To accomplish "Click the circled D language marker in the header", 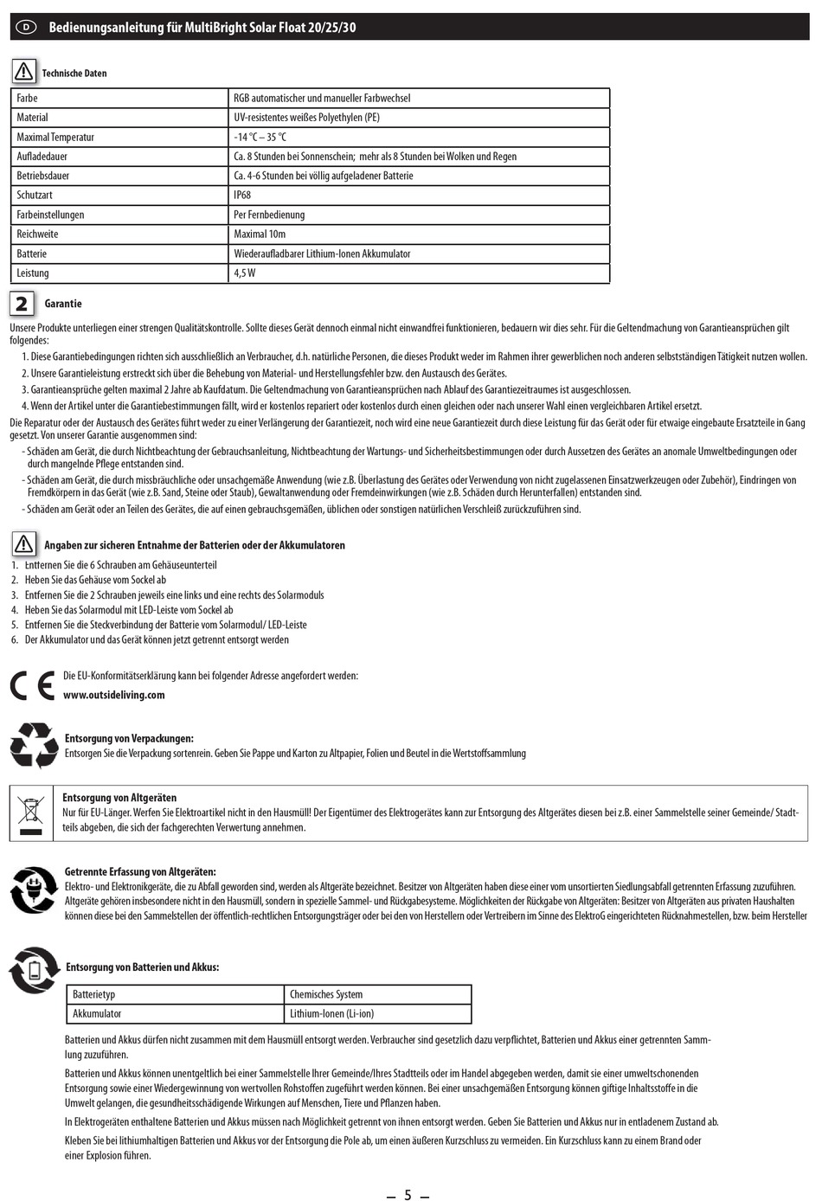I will tap(26, 27).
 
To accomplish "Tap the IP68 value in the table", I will tap(241, 196).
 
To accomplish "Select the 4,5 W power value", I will tap(245, 273).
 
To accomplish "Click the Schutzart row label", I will tap(35, 196).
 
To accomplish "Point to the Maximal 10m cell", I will tap(260, 234).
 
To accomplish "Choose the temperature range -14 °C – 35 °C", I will tap(260, 138).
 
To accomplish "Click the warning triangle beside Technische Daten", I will tap(23, 71).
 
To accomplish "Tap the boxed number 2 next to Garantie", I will tap(22, 304).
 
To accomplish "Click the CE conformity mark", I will tap(32, 685).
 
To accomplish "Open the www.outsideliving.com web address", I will tap(113, 695).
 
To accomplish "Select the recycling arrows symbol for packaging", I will tap(34, 745).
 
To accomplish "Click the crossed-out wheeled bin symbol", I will tap(31, 812).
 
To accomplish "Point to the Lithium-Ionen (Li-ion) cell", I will tap(331, 1014).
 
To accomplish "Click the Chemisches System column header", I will tap(326, 995).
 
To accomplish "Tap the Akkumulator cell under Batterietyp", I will tap(97, 1014).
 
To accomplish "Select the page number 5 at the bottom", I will tap(408, 1195).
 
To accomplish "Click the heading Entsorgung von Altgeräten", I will tap(119, 798).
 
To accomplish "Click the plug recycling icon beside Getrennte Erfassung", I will tap(34, 890).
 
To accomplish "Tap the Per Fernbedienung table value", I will tap(269, 215).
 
